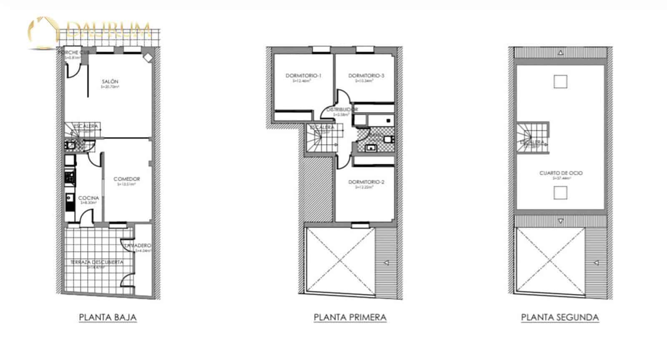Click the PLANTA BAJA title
(x=108, y=317)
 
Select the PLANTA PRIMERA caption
(x=350, y=317)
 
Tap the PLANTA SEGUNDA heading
(x=560, y=317)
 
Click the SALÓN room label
(x=110, y=82)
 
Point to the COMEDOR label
(x=127, y=179)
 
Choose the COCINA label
(x=88, y=198)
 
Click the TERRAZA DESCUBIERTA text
(x=97, y=262)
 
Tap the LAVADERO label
(x=138, y=246)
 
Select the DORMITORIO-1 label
(x=303, y=76)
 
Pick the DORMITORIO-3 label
(x=366, y=76)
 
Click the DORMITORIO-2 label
(x=366, y=182)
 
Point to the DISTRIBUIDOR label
(x=342, y=110)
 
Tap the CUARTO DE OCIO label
(x=561, y=173)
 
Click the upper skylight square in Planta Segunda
(x=560, y=81)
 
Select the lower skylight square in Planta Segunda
(x=560, y=193)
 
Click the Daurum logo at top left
(x=90, y=31)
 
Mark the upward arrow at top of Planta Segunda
(x=561, y=53)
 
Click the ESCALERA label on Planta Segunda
(x=532, y=142)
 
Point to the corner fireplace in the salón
(x=148, y=58)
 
